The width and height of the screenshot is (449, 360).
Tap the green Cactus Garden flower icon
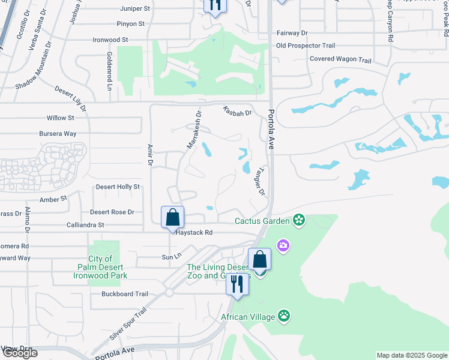pos(299,221)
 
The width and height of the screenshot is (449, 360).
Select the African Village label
pos(247,316)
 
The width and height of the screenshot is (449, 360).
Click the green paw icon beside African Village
pos(283,316)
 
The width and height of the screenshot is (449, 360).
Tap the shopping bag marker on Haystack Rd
pos(172,217)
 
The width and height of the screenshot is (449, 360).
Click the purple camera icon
pos(283,245)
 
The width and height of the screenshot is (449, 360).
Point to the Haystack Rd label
pos(194,232)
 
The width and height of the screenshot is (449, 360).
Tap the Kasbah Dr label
pos(237,111)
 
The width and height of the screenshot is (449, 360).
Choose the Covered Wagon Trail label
pos(340,59)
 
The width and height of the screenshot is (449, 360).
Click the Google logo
pos(20,353)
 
